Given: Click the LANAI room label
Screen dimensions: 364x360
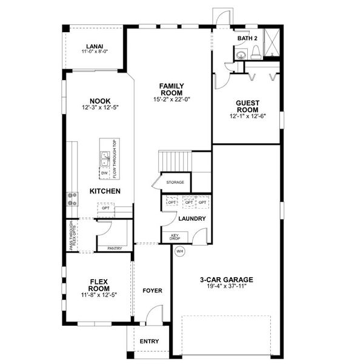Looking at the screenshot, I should [94, 45].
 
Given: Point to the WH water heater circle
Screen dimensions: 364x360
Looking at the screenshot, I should [179, 251].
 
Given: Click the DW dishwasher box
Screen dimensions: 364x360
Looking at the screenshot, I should [104, 172].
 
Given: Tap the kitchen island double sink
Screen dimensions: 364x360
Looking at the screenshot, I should [105, 159].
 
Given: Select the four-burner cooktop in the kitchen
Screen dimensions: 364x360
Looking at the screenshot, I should [72, 198].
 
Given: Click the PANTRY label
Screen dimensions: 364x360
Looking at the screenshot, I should [114, 248].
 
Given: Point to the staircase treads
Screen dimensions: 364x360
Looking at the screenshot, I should [176, 162].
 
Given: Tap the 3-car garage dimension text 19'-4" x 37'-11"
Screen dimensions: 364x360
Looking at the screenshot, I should [227, 288].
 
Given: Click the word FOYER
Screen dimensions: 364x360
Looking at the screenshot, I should [152, 291].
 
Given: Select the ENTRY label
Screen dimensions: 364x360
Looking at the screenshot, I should [149, 341].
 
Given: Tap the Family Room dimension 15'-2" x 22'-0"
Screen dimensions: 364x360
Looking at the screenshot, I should [172, 99].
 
